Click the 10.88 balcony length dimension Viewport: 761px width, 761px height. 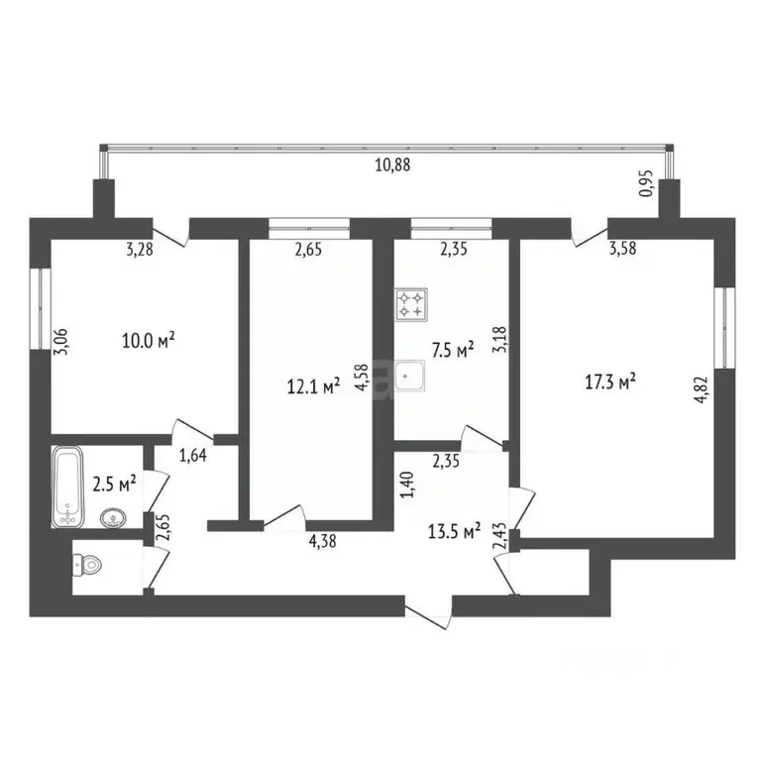coord(392,165)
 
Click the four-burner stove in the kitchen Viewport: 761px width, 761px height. coord(411,304)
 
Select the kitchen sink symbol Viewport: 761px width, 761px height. coord(411,377)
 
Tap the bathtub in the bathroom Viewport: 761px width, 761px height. coord(68,486)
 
